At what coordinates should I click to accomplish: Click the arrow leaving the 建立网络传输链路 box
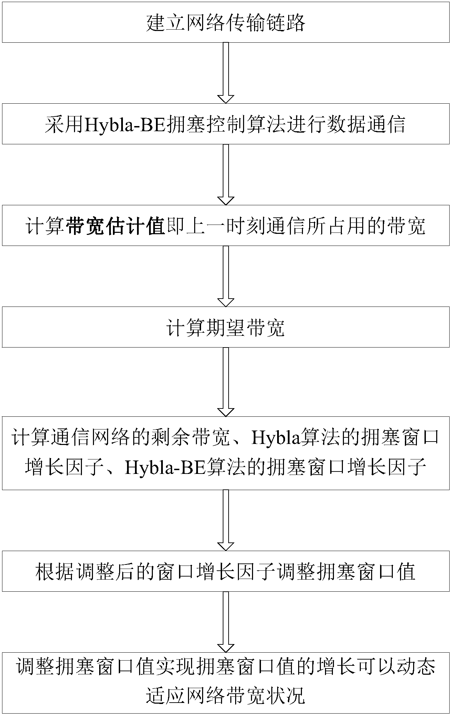click(226, 73)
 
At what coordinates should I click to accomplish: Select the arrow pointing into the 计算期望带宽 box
click(226, 276)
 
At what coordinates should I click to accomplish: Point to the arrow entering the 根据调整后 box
click(226, 520)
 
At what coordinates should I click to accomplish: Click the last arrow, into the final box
click(226, 621)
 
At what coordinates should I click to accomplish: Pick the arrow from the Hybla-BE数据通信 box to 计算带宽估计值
click(226, 174)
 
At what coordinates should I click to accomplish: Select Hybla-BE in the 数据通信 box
click(124, 124)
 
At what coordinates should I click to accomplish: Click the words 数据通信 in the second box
click(366, 124)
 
